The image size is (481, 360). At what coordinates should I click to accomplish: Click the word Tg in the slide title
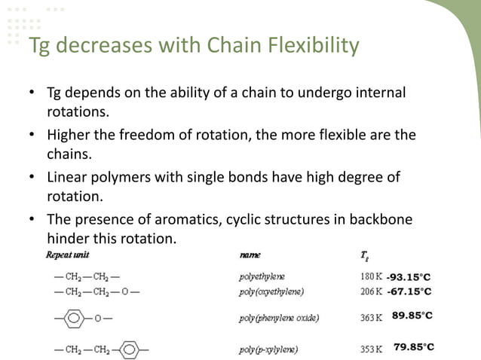coord(39,46)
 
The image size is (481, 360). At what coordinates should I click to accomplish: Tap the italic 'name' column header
coord(250,255)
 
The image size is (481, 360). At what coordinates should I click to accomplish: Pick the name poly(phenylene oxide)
coord(279,318)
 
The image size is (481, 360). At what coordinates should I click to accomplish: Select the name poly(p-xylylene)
coord(268,349)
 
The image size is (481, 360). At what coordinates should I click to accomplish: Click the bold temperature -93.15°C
coord(409,276)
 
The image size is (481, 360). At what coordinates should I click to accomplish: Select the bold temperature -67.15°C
coord(409,291)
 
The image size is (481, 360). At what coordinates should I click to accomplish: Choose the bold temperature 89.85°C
coord(412,316)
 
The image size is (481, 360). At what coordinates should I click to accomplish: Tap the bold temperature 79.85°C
coord(414,346)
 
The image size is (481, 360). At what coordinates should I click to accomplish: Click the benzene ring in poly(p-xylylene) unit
coord(130,349)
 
